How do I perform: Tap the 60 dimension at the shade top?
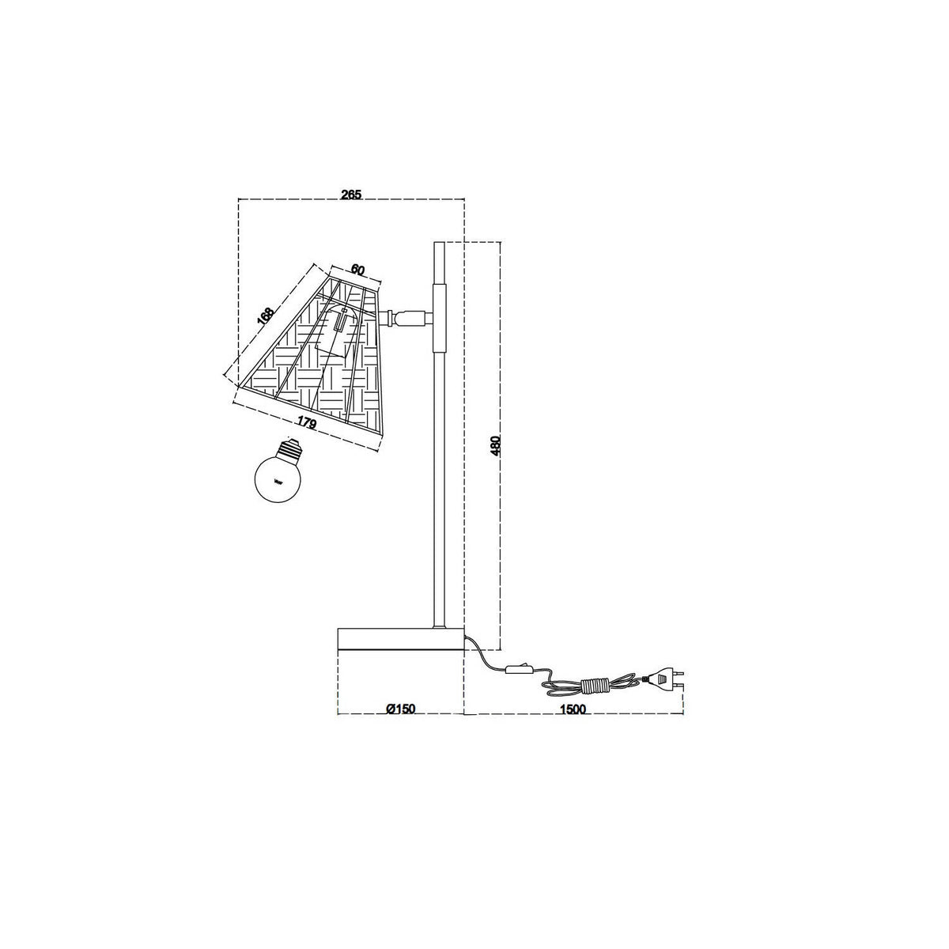pyautogui.click(x=357, y=270)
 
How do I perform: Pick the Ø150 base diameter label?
pyautogui.click(x=401, y=709)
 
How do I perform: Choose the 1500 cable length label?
pyautogui.click(x=573, y=709)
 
